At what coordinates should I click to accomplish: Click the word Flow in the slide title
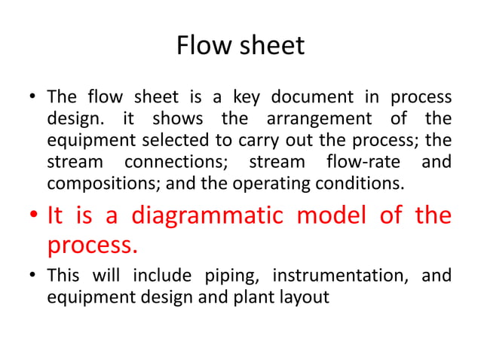[x=200, y=47]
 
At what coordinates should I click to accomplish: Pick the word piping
[x=231, y=276]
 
